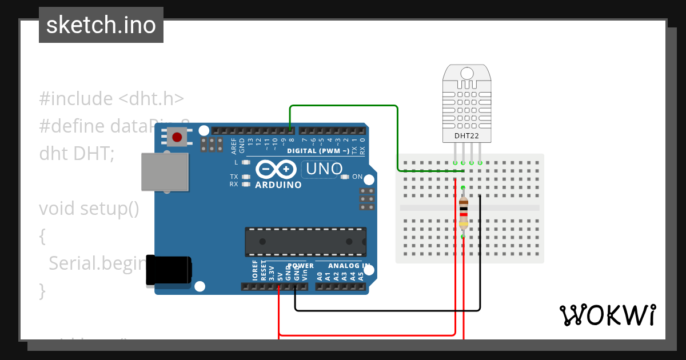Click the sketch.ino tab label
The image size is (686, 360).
(101, 25)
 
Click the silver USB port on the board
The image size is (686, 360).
(165, 171)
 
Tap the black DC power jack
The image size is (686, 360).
(169, 270)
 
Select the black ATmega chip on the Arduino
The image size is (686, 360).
(306, 241)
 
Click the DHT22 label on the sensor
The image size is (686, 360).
(467, 136)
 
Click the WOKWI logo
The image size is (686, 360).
(607, 315)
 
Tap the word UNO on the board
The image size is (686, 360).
(324, 169)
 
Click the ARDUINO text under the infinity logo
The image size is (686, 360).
(278, 185)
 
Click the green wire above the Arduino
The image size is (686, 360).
(343, 106)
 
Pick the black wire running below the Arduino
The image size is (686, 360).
(389, 310)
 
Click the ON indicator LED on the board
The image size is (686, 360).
(344, 177)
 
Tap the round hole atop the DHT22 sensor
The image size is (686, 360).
(467, 73)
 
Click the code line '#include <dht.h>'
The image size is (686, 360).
(111, 99)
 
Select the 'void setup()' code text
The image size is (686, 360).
(89, 209)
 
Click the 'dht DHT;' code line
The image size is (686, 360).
(77, 154)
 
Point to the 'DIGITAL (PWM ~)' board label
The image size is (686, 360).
(318, 151)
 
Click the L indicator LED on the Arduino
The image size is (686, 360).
(246, 163)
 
